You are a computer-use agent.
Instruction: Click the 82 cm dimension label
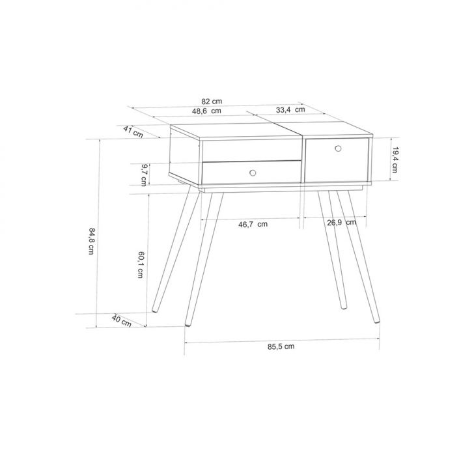(x=212, y=102)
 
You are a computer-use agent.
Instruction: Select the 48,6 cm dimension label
(x=206, y=111)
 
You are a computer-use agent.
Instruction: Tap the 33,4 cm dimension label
(x=290, y=110)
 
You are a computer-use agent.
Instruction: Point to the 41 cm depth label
(x=133, y=132)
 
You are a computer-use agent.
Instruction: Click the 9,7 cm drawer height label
(x=144, y=175)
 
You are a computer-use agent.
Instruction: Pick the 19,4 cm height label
(x=395, y=160)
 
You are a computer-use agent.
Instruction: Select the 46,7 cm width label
(x=253, y=224)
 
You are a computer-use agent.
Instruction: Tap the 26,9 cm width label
(x=342, y=223)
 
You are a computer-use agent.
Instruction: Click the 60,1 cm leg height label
(x=141, y=264)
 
